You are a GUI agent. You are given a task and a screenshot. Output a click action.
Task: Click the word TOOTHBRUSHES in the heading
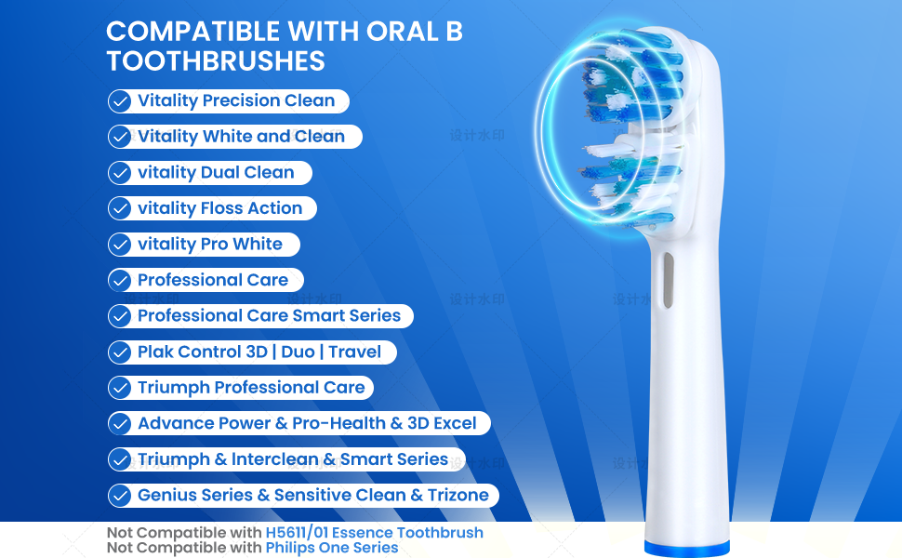pyautogui.click(x=216, y=61)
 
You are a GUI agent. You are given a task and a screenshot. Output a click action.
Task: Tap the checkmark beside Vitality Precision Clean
pyautogui.click(x=120, y=101)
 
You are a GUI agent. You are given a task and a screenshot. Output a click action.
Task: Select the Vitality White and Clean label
pyautogui.click(x=241, y=137)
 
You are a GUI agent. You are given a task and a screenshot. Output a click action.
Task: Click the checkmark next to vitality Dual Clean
pyautogui.click(x=120, y=173)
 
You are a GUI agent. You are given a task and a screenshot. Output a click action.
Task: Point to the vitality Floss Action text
pyautogui.click(x=219, y=208)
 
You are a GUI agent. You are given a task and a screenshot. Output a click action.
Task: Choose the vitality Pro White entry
pyautogui.click(x=210, y=244)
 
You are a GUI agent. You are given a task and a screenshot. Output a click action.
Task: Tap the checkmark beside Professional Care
pyautogui.click(x=120, y=280)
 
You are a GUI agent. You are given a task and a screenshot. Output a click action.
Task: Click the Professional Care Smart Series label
pyautogui.click(x=269, y=315)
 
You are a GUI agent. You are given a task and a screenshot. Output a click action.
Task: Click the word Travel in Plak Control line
pyautogui.click(x=354, y=352)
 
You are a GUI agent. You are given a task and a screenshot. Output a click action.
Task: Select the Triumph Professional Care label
pyautogui.click(x=251, y=387)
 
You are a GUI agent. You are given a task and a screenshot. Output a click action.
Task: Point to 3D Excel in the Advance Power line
pyautogui.click(x=442, y=423)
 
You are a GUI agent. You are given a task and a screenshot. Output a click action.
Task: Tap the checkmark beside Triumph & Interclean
pyautogui.click(x=120, y=459)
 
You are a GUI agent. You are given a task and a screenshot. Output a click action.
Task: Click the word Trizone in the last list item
pyautogui.click(x=458, y=495)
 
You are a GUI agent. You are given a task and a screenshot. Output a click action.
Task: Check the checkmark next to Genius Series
pyautogui.click(x=120, y=496)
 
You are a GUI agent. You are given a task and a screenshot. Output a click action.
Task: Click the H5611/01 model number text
pyautogui.click(x=297, y=533)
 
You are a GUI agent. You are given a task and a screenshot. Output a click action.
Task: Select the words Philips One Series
pyautogui.click(x=332, y=548)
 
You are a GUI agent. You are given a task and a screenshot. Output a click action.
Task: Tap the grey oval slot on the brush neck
pyautogui.click(x=668, y=280)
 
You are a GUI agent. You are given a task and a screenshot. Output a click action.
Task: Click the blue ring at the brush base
pyautogui.click(x=687, y=549)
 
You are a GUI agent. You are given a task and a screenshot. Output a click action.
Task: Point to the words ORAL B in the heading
pyautogui.click(x=415, y=31)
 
